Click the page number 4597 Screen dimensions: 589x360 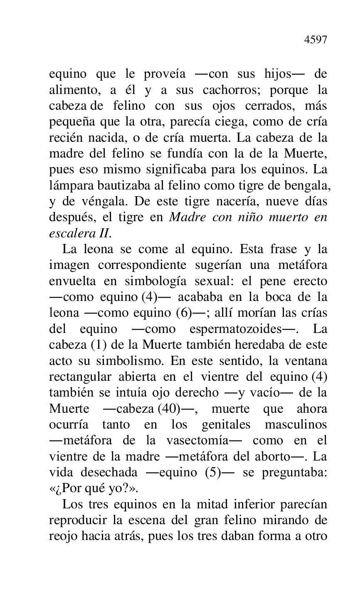(x=316, y=40)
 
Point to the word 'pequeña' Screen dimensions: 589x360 (x=70, y=123)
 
